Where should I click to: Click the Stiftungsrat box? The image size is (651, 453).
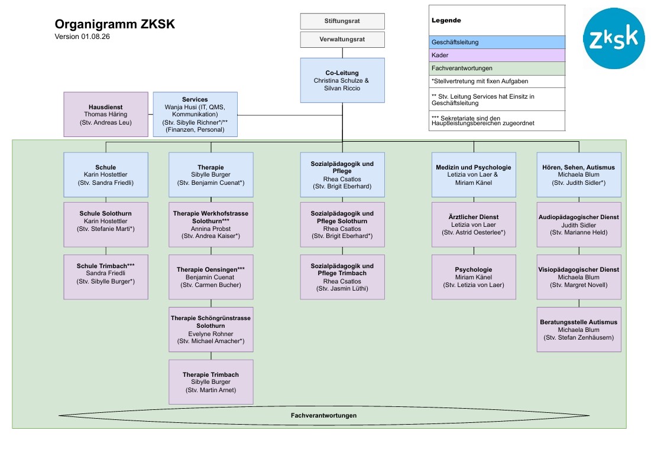(342, 21)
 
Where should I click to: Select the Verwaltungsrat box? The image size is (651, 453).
(342, 40)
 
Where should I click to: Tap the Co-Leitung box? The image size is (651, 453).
(342, 80)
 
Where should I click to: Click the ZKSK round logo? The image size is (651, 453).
(614, 38)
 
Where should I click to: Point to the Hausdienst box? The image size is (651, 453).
(106, 115)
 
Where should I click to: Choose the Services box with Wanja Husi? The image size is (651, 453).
(195, 115)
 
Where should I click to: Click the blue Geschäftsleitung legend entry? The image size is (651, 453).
(497, 43)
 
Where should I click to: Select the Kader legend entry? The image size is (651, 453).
(497, 55)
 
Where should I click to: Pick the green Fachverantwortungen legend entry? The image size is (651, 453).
(497, 68)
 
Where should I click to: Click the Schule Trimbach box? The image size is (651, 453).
(106, 277)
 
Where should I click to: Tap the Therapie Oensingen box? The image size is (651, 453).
(211, 277)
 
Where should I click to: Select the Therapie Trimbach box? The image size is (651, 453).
(211, 382)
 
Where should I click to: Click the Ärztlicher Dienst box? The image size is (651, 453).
(474, 224)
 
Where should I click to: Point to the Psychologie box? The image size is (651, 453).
(474, 277)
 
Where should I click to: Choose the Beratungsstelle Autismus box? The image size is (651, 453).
(579, 330)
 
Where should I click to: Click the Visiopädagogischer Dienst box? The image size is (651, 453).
(579, 277)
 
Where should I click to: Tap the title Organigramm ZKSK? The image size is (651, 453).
(115, 24)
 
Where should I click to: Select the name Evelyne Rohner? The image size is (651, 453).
(210, 334)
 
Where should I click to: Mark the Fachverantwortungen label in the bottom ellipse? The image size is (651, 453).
(323, 415)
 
